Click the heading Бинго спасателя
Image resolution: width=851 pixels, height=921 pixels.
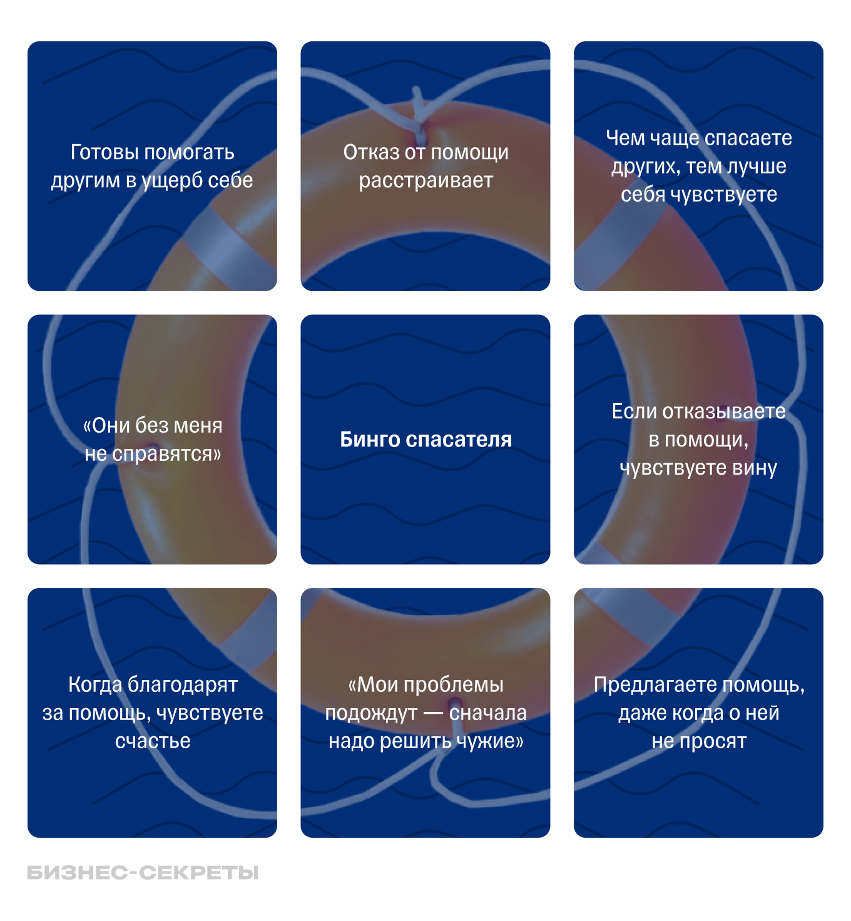425,440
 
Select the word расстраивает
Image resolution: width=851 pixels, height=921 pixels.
425,180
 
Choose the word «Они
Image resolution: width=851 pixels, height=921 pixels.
107,426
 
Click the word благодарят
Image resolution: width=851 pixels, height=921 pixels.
182,684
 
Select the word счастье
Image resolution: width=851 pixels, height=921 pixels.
153,741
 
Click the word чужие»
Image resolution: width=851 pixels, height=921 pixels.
490,741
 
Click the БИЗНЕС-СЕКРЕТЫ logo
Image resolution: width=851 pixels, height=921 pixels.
143,872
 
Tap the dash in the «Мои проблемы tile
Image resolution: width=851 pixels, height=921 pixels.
433,714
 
